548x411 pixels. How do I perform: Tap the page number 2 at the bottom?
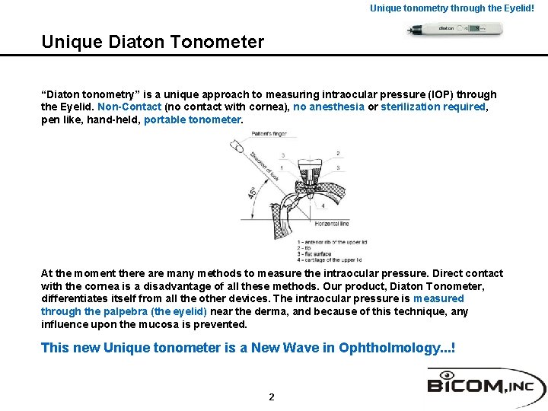coord(272,397)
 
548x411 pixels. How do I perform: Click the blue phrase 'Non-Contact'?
coord(129,107)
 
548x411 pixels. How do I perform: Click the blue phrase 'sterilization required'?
coord(433,107)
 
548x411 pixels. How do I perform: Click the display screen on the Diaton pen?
coord(475,29)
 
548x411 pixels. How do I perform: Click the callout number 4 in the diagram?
coord(323,205)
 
